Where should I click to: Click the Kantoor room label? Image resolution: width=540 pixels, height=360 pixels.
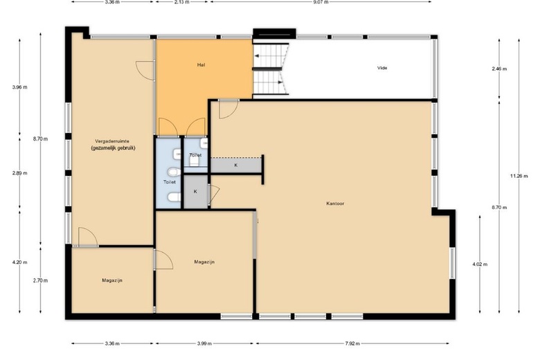[335, 204]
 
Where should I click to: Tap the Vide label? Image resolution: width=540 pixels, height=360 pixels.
[382, 68]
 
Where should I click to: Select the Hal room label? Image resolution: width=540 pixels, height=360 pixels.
[201, 65]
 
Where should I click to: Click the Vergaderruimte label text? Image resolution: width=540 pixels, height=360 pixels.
[112, 141]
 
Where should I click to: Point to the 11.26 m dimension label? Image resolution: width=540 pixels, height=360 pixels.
[519, 176]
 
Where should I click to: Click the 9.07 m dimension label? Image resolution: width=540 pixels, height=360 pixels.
[321, 1]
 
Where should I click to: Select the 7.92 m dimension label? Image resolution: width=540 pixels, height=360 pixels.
[352, 343]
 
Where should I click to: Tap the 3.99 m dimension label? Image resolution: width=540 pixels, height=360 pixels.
[204, 343]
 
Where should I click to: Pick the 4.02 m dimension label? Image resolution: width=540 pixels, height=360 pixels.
[480, 264]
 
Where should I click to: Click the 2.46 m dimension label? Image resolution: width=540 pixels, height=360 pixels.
[499, 69]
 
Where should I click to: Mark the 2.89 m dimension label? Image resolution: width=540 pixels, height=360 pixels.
[19, 173]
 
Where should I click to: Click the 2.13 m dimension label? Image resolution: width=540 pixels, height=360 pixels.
[182, 1]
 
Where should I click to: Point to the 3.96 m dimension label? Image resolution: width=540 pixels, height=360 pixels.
[19, 87]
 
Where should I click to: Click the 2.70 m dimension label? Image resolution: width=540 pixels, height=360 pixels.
[40, 280]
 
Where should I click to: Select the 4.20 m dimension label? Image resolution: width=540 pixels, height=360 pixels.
[19, 262]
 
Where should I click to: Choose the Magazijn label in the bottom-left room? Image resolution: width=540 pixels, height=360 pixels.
[112, 280]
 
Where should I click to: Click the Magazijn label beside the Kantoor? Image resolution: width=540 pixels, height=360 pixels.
[204, 262]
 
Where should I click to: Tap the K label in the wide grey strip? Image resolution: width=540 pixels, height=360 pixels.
[236, 165]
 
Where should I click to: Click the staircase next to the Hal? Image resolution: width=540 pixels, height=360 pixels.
[271, 69]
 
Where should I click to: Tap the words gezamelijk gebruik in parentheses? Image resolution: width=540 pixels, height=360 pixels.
[114, 148]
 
